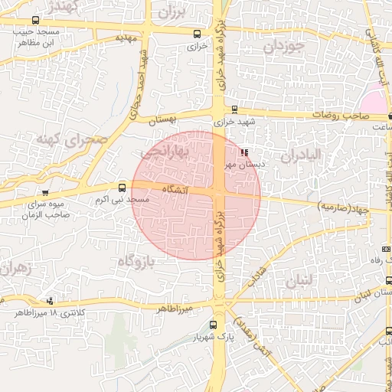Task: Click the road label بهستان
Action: [164, 120]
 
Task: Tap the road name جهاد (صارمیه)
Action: [342, 207]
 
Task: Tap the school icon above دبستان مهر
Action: [244, 152]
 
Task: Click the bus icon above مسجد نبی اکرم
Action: [122, 188]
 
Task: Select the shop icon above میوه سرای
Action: [46, 193]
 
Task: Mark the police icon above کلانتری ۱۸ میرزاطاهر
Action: [51, 301]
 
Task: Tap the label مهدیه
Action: [124, 37]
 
